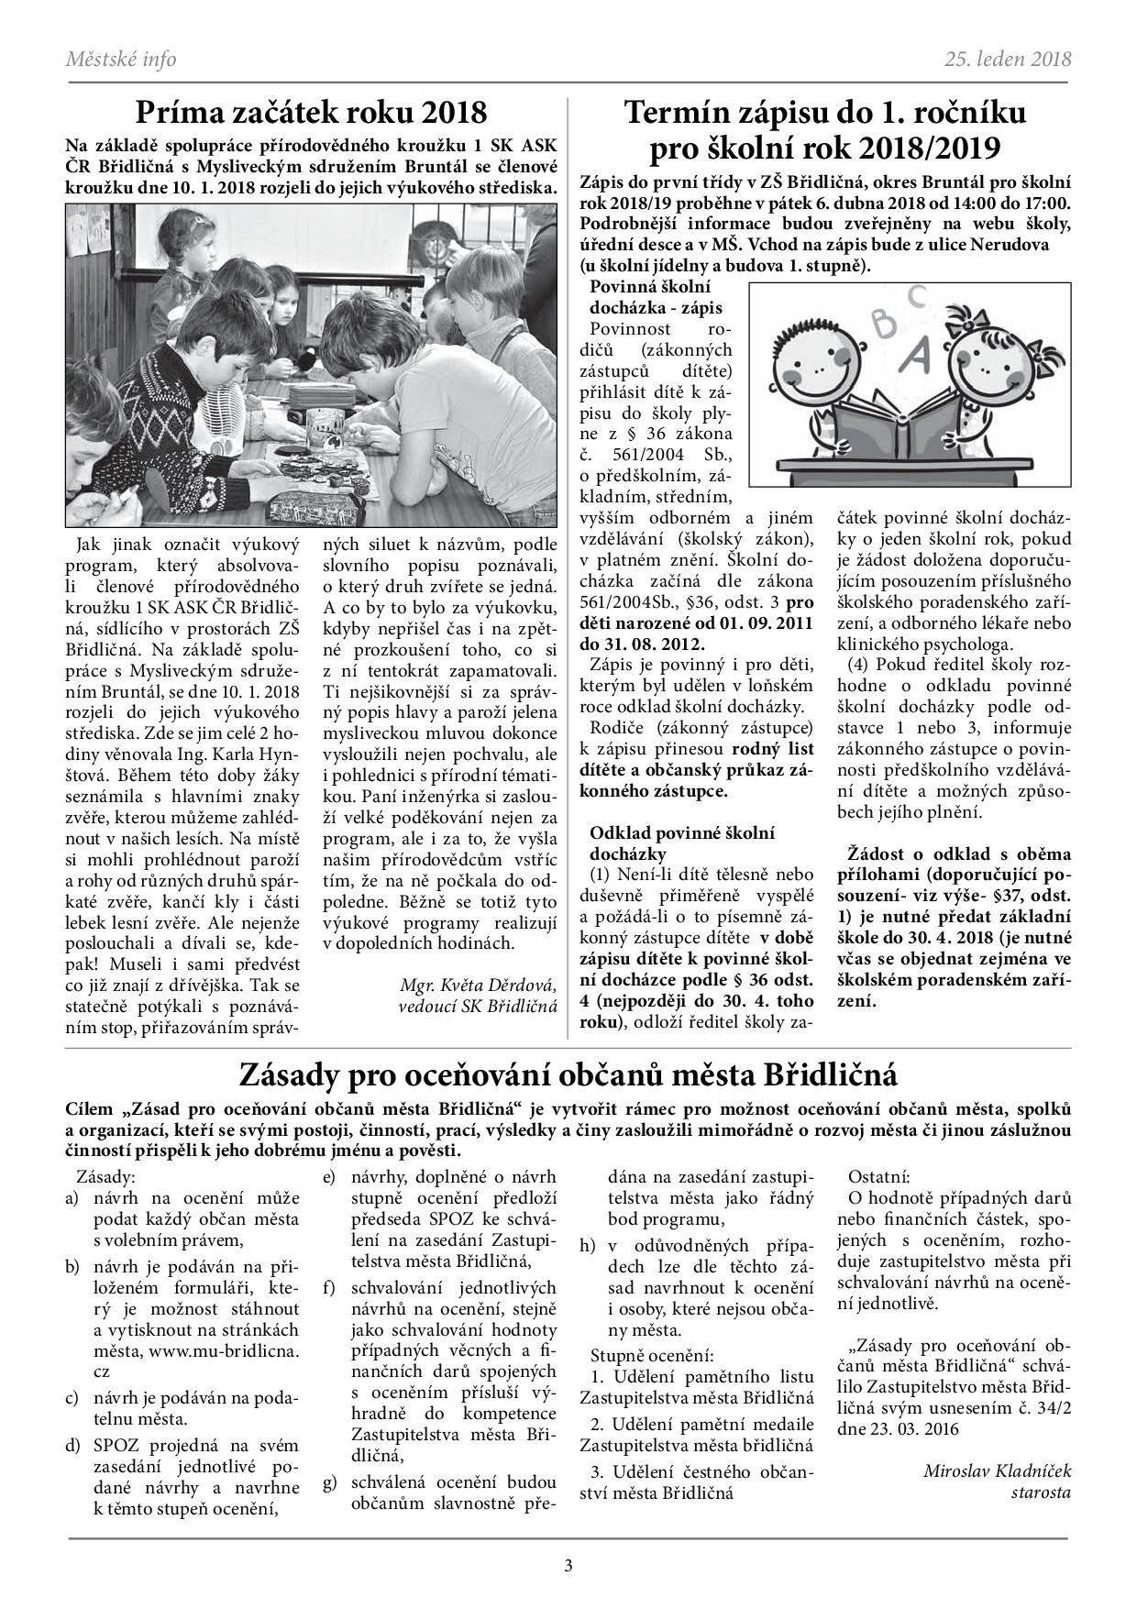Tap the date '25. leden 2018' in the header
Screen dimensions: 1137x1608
tap(1008, 60)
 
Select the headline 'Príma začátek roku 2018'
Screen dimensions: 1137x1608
tap(311, 113)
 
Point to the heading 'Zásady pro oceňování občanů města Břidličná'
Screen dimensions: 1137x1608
tap(568, 1073)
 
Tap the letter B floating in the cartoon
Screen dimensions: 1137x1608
tap(884, 324)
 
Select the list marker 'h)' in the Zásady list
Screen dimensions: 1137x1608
tap(588, 1244)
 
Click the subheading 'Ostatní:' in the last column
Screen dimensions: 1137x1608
tap(879, 1175)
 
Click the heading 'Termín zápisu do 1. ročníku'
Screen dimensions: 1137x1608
tap(824, 113)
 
